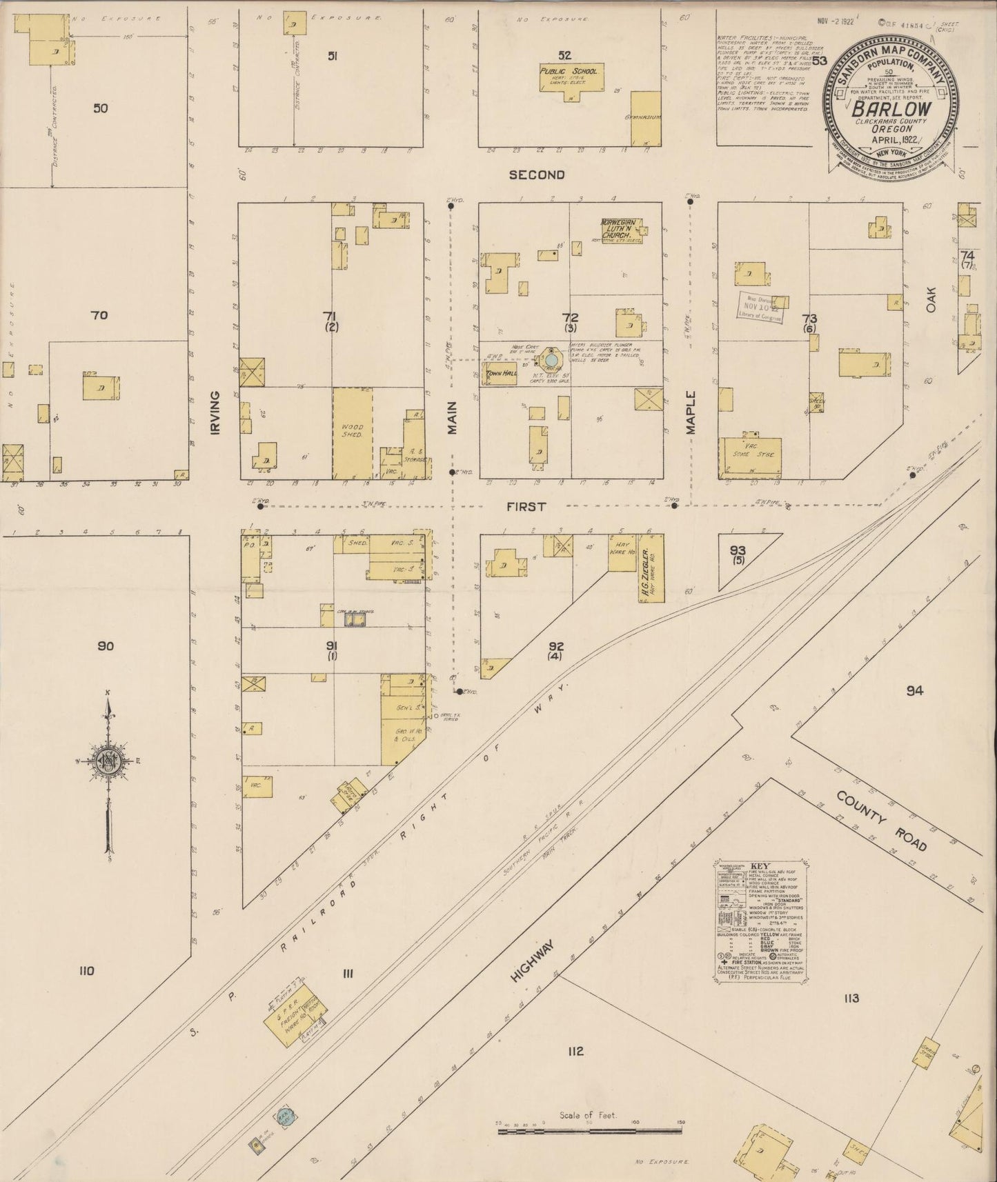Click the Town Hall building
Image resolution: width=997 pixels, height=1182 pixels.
click(502, 374)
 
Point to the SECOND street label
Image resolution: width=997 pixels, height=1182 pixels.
click(536, 175)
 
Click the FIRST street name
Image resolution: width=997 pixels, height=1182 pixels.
click(526, 506)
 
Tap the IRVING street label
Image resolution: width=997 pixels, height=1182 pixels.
click(215, 412)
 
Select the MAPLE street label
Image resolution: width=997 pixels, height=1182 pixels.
click(690, 412)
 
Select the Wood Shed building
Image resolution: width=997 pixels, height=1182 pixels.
click(353, 432)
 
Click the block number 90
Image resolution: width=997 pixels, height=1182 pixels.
click(105, 646)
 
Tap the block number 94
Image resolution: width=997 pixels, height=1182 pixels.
click(914, 690)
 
